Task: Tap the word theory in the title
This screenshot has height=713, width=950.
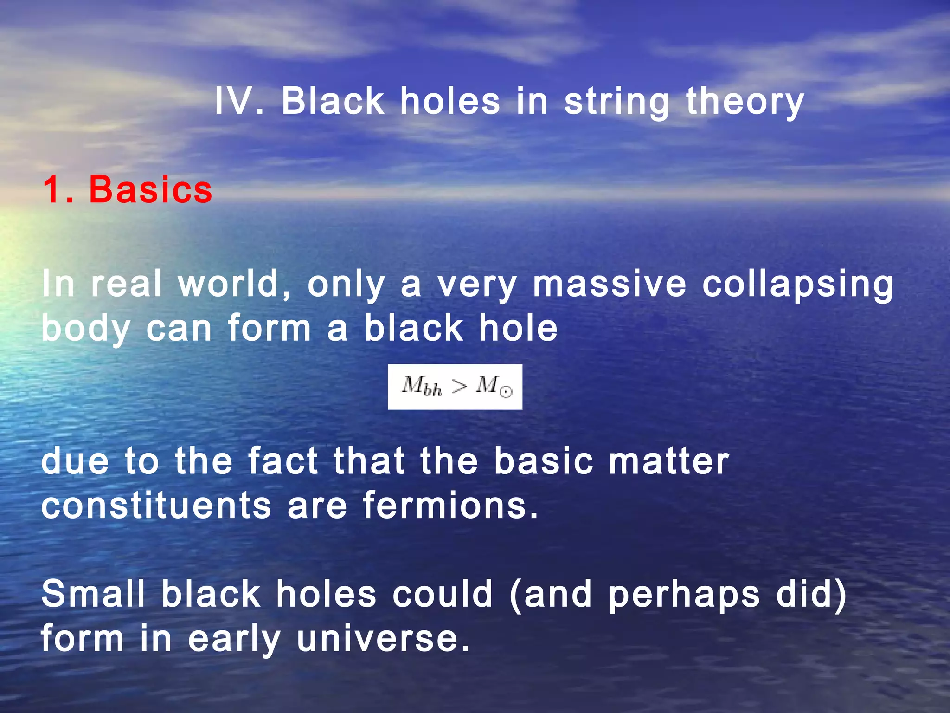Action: click(745, 102)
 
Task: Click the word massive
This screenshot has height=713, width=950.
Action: click(609, 284)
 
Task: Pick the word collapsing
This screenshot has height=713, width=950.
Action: click(797, 285)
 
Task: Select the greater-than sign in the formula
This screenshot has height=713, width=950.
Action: click(459, 386)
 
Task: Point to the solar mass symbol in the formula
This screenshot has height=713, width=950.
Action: click(494, 386)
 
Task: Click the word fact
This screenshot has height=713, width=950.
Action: click(283, 461)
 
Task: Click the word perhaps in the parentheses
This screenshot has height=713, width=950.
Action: click(684, 596)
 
